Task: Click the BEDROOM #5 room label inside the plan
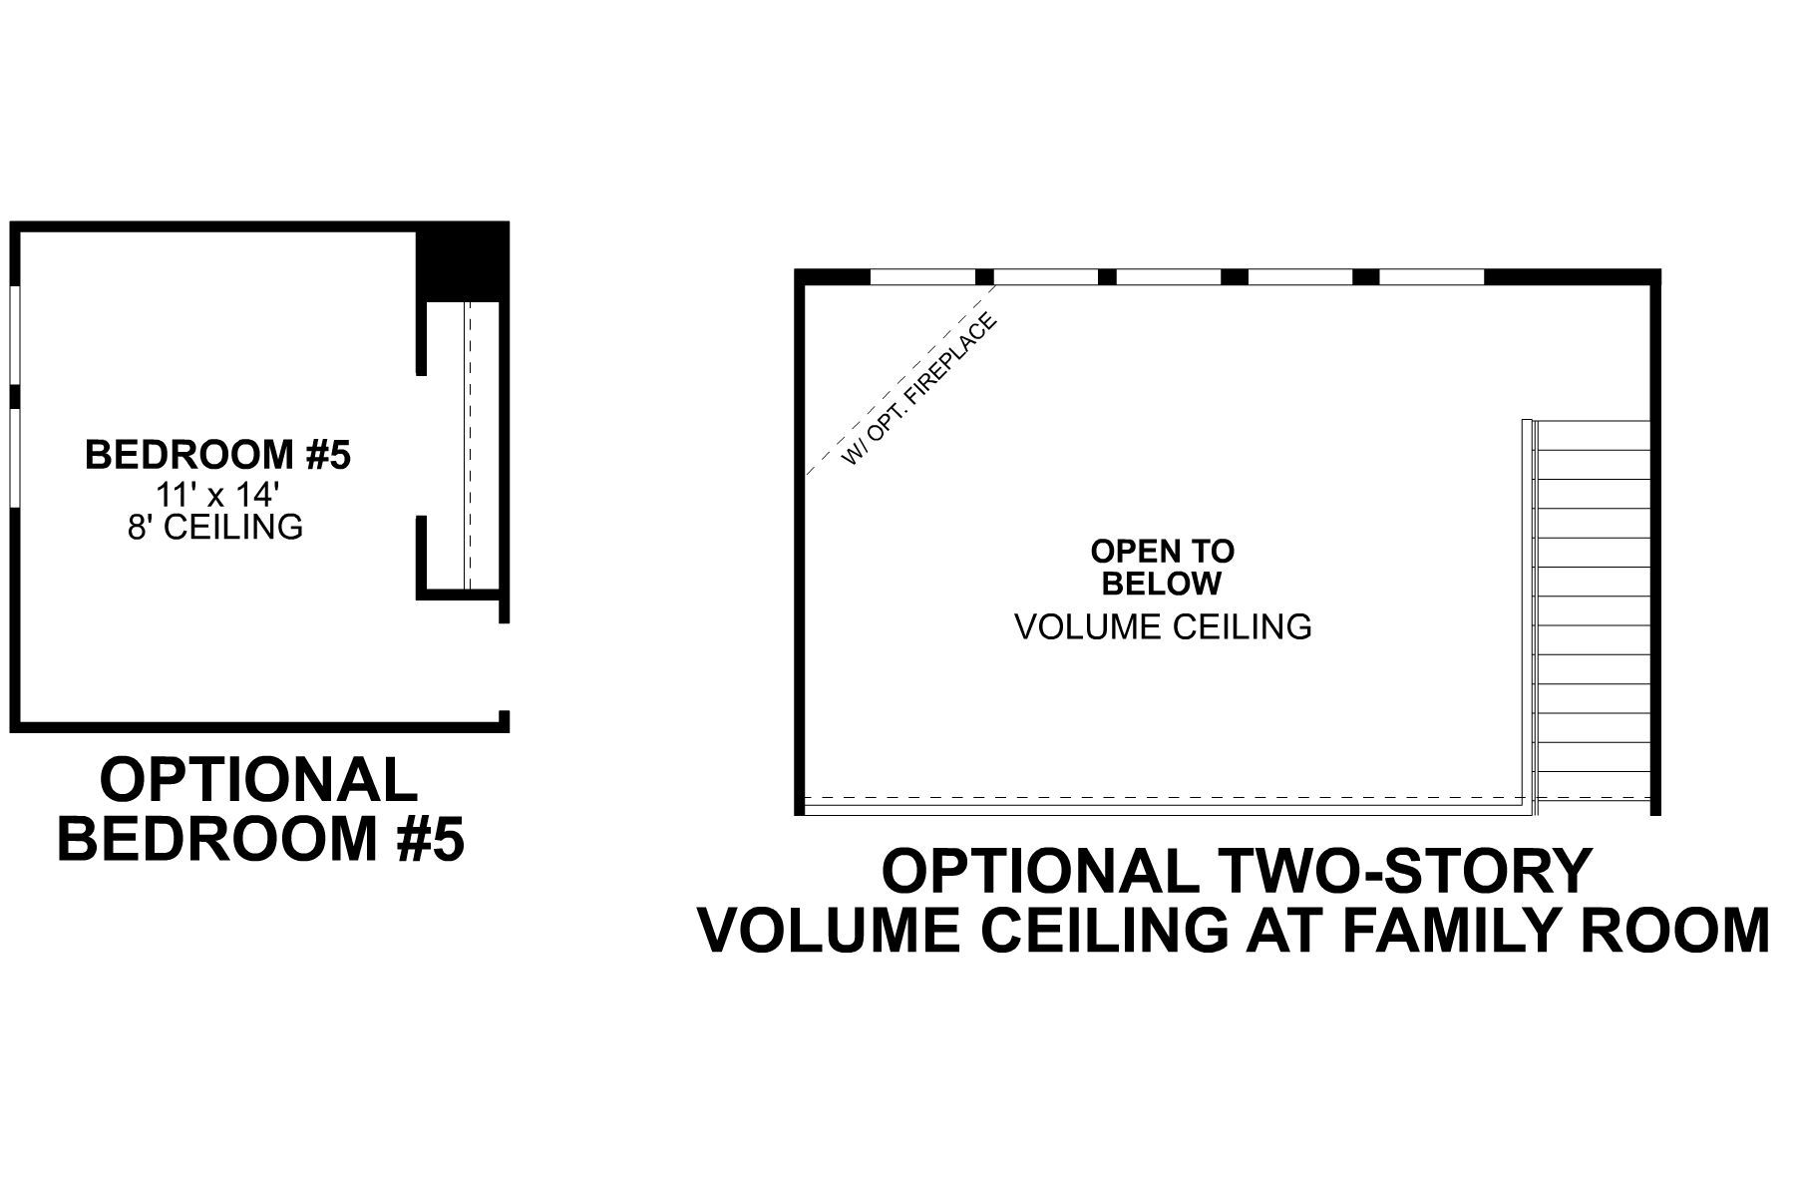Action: pyautogui.click(x=217, y=455)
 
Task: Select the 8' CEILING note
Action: pyautogui.click(x=215, y=527)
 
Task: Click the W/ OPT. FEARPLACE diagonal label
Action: pyautogui.click(x=918, y=390)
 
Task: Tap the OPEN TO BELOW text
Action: pyautogui.click(x=1162, y=567)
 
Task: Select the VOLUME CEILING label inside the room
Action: pyautogui.click(x=1162, y=626)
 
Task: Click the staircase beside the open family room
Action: pyautogui.click(x=1594, y=608)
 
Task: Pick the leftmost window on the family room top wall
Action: pyautogui.click(x=922, y=277)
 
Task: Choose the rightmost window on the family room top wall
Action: pyautogui.click(x=1431, y=277)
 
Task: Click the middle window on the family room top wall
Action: pyautogui.click(x=1168, y=277)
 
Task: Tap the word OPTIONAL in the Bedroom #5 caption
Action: pyautogui.click(x=259, y=780)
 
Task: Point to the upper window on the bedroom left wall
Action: pyautogui.click(x=15, y=335)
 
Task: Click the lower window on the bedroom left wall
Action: pyautogui.click(x=15, y=462)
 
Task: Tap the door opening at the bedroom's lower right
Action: pyautogui.click(x=505, y=667)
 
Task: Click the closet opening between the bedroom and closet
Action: pyautogui.click(x=422, y=446)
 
